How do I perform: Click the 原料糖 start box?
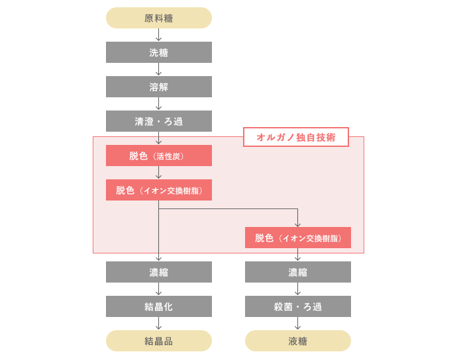[x=159, y=18]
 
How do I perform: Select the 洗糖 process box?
[x=159, y=52]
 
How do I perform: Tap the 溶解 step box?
[x=159, y=87]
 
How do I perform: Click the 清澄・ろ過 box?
[x=159, y=121]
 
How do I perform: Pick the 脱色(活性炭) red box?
[x=159, y=156]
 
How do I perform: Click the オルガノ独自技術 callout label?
[x=296, y=137]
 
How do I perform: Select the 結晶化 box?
[x=159, y=306]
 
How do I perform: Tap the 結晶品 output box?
[x=159, y=341]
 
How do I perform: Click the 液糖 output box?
[x=298, y=341]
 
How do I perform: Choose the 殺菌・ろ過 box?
[x=298, y=306]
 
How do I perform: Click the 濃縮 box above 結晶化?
[x=159, y=272]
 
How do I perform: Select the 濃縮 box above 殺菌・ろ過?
[x=298, y=272]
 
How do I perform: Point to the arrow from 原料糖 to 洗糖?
[x=158, y=34]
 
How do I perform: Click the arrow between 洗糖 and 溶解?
[x=158, y=69]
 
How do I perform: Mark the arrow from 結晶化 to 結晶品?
[x=158, y=324]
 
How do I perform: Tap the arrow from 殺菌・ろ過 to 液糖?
[x=297, y=324]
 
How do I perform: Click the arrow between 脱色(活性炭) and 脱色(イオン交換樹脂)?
[x=158, y=172]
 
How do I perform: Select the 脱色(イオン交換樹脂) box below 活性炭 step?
[x=159, y=190]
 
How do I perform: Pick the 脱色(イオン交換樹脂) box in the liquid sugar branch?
[x=298, y=238]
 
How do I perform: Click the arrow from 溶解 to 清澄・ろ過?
[x=158, y=103]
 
